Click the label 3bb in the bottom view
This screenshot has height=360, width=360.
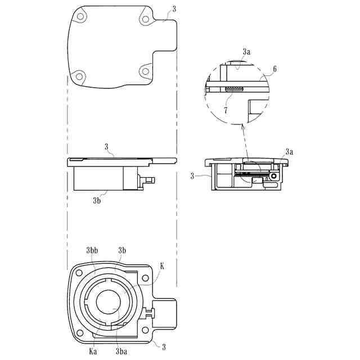(x=92, y=250)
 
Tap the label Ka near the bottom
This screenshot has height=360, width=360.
(x=93, y=352)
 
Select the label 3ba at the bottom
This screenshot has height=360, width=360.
(x=121, y=352)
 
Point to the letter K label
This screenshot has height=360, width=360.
(x=162, y=266)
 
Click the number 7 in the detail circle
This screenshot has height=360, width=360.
(x=226, y=110)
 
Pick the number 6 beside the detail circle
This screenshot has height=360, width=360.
(x=274, y=69)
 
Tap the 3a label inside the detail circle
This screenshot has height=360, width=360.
(x=246, y=52)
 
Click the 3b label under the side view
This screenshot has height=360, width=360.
(x=97, y=201)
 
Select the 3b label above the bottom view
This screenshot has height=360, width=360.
(x=122, y=250)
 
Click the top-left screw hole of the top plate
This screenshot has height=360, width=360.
(x=80, y=16)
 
